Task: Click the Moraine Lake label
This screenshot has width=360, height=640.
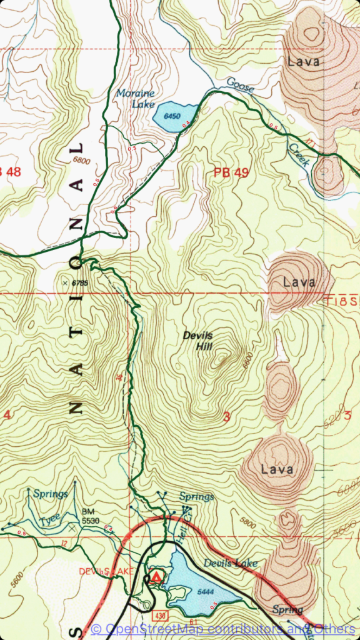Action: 135,99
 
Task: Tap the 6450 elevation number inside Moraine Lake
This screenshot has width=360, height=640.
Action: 171,116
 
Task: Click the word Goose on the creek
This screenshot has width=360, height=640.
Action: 240,84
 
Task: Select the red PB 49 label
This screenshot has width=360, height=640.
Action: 231,173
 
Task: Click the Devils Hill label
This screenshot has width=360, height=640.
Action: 198,341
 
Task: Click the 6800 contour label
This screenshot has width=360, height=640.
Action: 81,161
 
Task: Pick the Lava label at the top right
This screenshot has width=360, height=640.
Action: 304,61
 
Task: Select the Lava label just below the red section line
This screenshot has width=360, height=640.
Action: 299,282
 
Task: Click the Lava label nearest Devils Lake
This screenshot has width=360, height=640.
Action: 277,469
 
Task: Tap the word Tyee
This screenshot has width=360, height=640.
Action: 49,519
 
